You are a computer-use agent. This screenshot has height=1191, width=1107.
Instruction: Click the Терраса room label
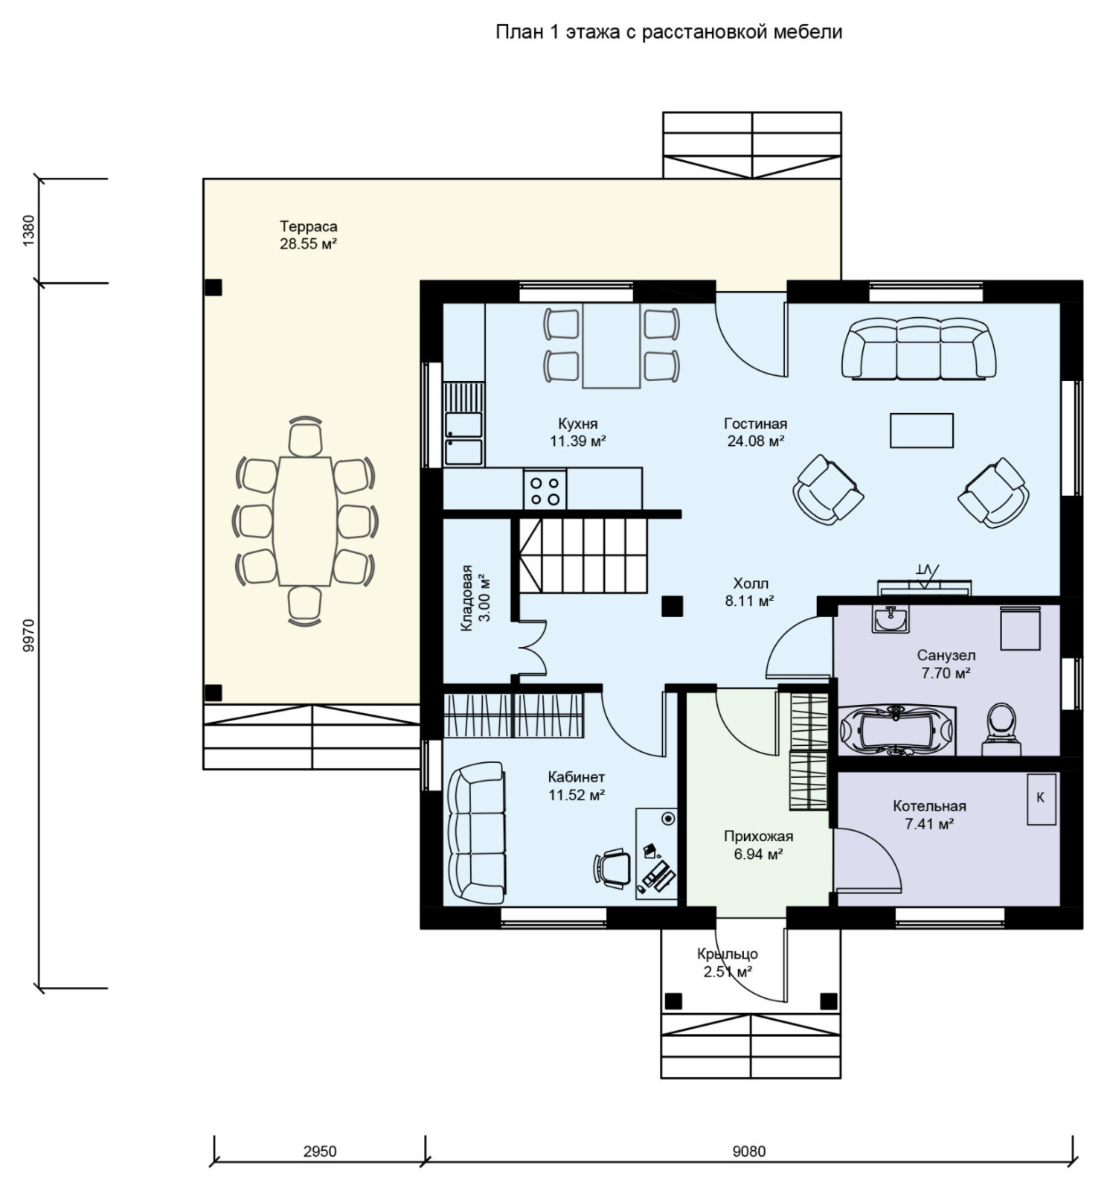(308, 226)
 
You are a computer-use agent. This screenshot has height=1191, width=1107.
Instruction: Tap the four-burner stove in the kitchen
(545, 489)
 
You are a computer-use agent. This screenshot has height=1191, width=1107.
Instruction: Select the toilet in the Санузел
(1001, 724)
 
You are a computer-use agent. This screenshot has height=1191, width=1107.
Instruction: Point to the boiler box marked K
(1042, 798)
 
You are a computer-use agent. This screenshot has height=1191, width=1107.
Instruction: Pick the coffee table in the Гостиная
(922, 430)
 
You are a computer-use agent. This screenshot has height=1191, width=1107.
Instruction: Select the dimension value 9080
(748, 1151)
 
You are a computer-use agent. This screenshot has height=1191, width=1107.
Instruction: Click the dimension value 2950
(320, 1151)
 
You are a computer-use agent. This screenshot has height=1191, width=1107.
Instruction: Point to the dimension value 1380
(28, 231)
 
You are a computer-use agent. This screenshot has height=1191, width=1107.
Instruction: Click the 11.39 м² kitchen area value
(578, 441)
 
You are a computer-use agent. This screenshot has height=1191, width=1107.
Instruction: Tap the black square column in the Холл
(672, 606)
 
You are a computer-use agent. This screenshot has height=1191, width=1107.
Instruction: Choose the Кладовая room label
(466, 598)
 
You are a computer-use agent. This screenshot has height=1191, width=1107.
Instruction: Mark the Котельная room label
(929, 806)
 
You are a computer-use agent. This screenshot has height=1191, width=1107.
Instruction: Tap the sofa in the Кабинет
(476, 832)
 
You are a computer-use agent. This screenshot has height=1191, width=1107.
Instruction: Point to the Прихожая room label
(758, 837)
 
